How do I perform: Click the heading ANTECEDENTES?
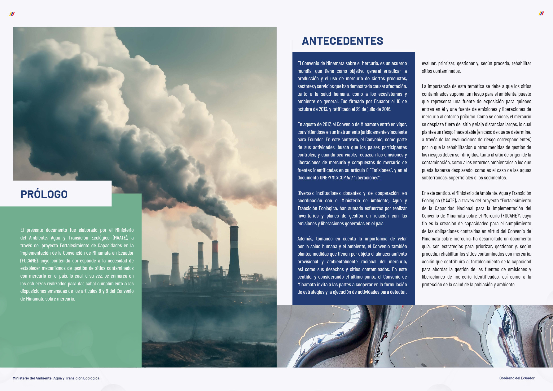pos(342,41)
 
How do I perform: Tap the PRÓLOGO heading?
pos(44,194)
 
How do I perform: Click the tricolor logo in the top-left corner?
pos(12,14)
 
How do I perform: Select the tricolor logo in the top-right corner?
pos(541,13)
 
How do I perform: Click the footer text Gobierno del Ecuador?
pos(517,378)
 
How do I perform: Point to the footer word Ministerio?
pos(21,378)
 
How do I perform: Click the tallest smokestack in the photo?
pos(234,254)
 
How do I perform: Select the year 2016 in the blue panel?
pos(386,109)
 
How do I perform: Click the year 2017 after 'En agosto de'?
pos(327,125)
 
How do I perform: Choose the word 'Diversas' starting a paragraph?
pos(306,193)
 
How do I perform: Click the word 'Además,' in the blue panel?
pos(305,239)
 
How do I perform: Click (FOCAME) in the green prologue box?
pos(30,261)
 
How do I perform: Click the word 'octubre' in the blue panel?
pos(305,109)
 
